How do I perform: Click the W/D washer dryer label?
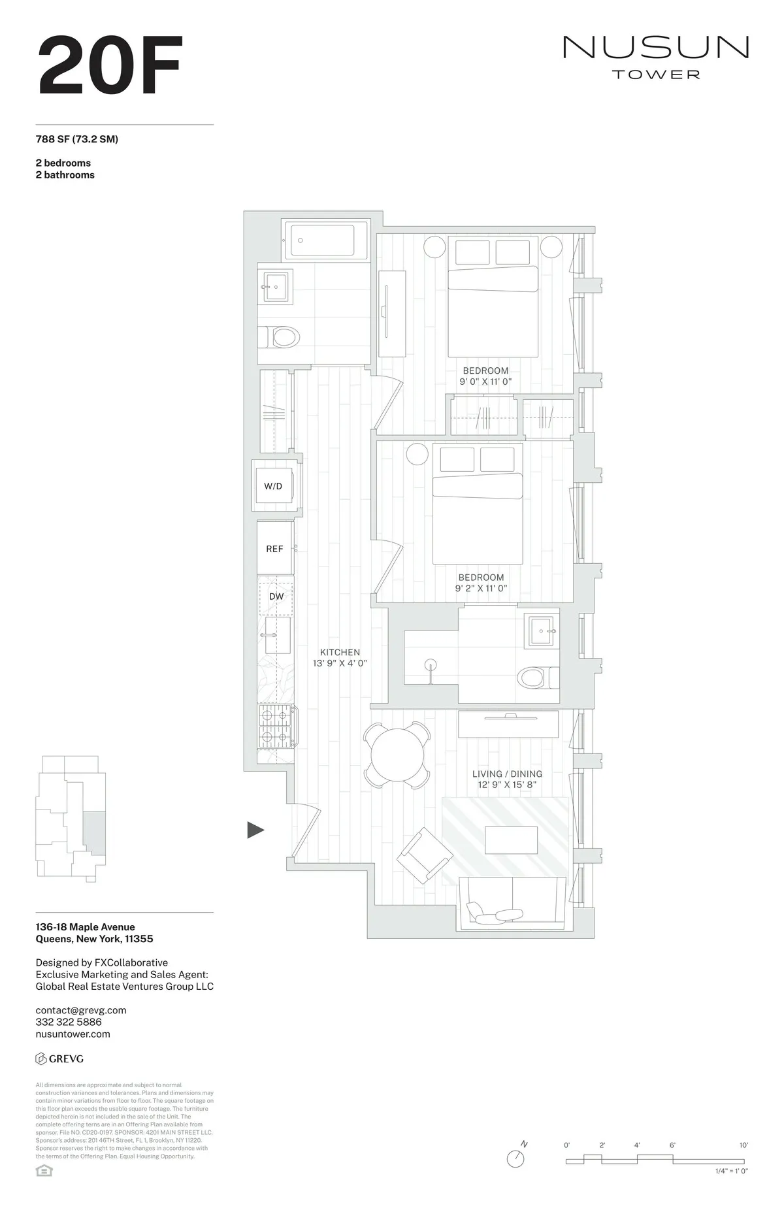point(273,486)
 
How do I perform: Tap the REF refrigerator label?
point(274,549)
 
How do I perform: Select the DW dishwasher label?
point(276,597)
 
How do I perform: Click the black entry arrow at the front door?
point(255,830)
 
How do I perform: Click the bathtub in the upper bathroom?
point(322,240)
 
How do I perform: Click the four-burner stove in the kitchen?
point(276,727)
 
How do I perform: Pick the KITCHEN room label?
point(340,652)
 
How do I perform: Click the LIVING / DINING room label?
point(507,774)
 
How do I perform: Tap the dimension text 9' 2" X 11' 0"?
point(481,588)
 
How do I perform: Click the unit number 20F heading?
point(109,65)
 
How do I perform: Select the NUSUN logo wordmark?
point(655,48)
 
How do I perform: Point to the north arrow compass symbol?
point(516,1158)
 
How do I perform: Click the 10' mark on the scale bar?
point(743,1145)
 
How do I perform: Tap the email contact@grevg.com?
point(81,1010)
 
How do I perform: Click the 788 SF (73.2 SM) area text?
point(77,139)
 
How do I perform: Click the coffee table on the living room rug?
point(512,840)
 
